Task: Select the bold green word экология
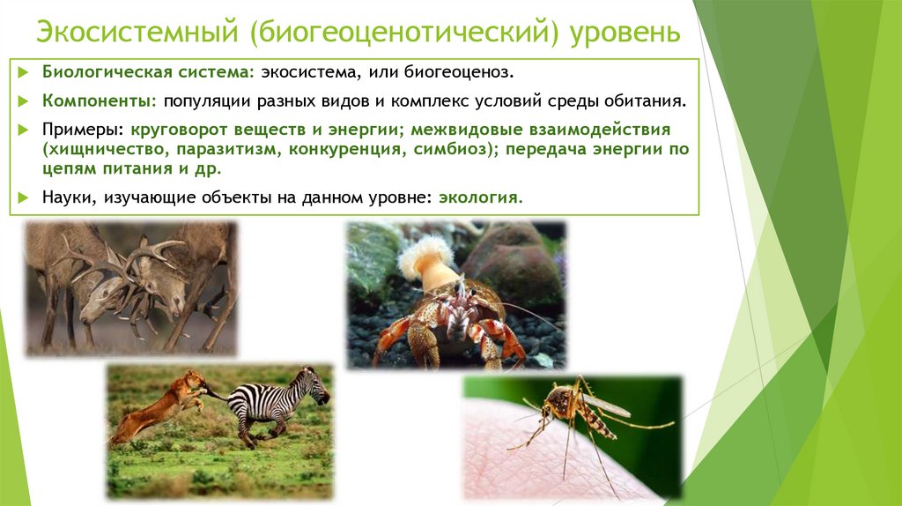pyautogui.click(x=481, y=198)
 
